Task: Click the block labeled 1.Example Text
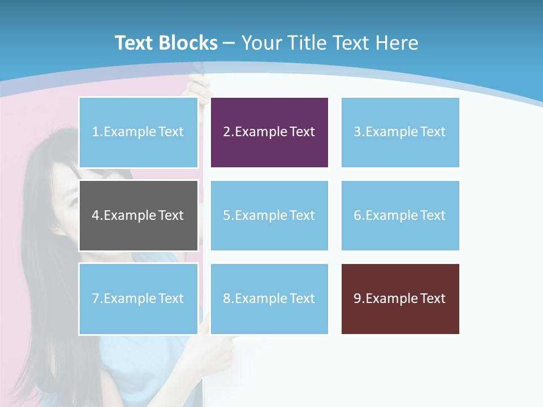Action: (139, 132)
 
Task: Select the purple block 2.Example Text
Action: (269, 132)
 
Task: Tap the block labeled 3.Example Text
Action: (400, 132)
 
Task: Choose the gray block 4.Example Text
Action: (139, 215)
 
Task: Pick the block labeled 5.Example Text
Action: (269, 215)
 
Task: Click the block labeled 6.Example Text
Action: (400, 215)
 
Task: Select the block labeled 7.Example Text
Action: (139, 298)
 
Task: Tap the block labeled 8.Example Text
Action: (269, 298)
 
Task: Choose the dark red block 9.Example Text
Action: (400, 298)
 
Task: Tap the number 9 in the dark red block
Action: (357, 298)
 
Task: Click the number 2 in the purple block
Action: (226, 132)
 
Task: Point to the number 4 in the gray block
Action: (96, 215)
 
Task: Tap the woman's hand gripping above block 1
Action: (199, 86)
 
